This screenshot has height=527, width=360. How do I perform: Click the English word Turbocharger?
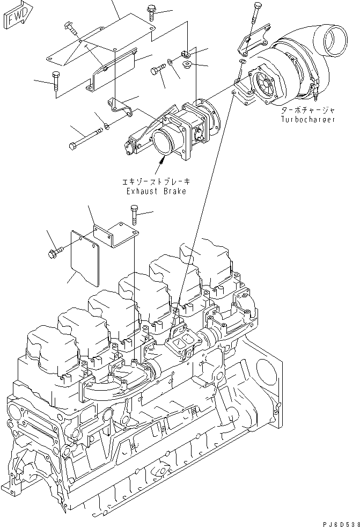click(x=308, y=119)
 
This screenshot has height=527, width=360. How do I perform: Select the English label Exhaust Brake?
click(x=156, y=192)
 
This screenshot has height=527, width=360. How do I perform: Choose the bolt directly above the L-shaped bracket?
click(x=134, y=215)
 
